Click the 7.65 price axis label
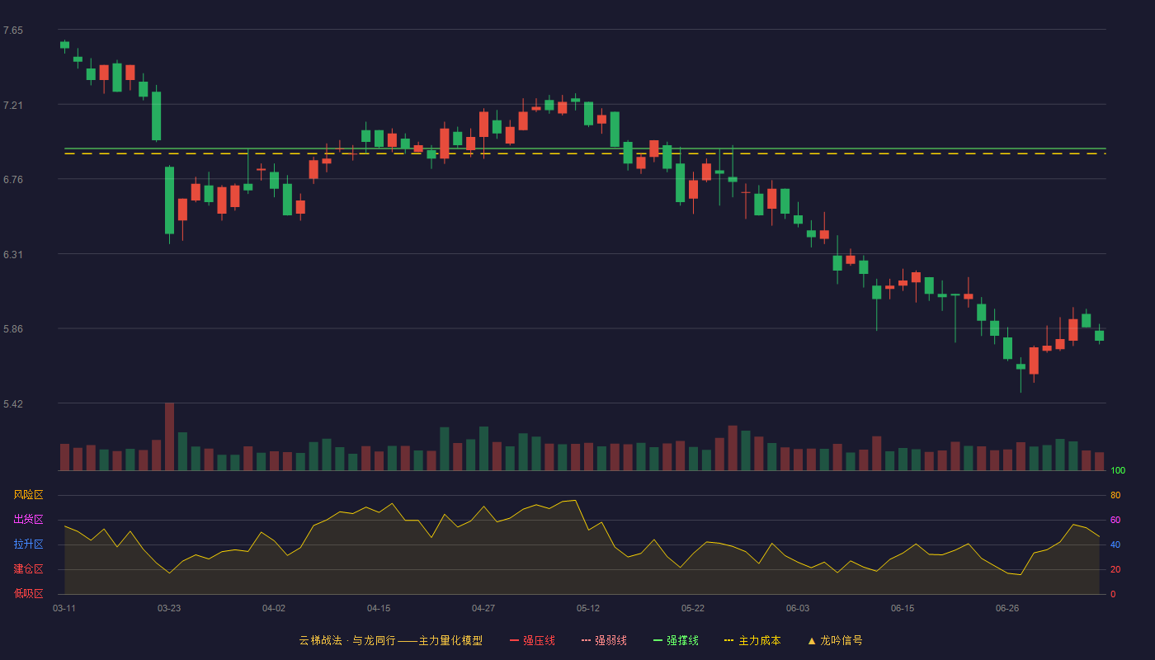(13, 31)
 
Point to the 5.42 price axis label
(13, 403)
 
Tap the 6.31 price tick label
(13, 255)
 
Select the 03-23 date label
(169, 609)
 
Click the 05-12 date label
(588, 609)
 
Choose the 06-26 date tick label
(1007, 609)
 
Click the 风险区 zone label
(28, 495)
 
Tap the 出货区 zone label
(28, 519)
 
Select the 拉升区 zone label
(28, 544)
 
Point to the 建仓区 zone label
(28, 568)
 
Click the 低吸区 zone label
(28, 593)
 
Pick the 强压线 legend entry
(532, 640)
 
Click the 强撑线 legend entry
(676, 640)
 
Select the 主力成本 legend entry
(752, 640)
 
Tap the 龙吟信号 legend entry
(835, 640)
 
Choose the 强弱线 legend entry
(604, 640)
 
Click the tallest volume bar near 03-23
(169, 436)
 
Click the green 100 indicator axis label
(1118, 470)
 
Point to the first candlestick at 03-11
(64, 45)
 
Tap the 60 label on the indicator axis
(1115, 520)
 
